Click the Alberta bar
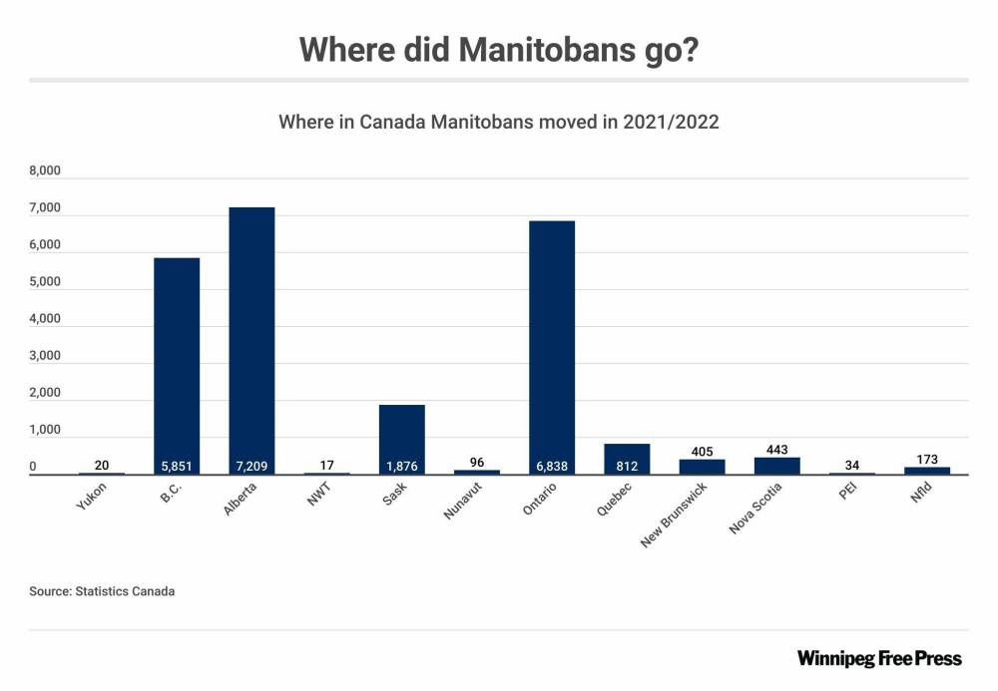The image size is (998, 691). pos(251,339)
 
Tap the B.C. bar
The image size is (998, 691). pos(177,364)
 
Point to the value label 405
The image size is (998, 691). pos(702,452)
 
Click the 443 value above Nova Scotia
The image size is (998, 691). pos(776,450)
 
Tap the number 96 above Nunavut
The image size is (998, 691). pos(476,463)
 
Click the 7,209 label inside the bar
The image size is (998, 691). pos(251,466)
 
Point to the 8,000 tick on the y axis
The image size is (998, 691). pos(46,172)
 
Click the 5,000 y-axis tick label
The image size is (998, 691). pos(46,282)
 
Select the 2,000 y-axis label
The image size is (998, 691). pos(46,393)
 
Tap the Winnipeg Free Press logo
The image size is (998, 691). pos(879,658)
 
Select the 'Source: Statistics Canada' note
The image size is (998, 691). pos(102,591)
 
